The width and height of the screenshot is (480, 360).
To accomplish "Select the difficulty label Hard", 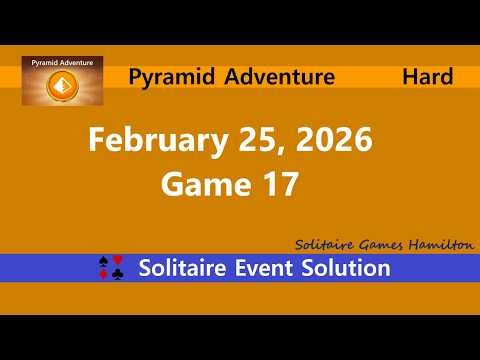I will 427,76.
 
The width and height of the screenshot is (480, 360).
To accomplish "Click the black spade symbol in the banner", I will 106,262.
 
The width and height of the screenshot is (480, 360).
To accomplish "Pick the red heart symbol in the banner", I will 119,262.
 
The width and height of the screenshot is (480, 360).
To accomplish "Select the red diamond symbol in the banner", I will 106,275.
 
